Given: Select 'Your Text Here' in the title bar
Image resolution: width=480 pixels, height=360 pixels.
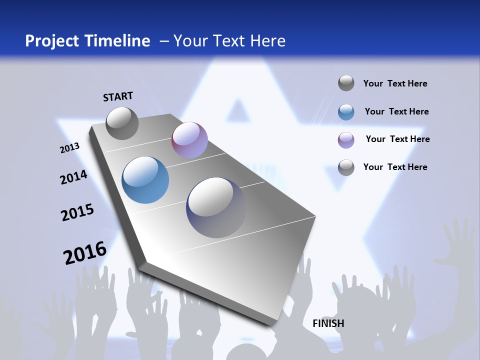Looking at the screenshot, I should (x=229, y=41).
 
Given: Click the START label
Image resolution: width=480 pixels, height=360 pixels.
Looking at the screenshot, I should (x=118, y=96).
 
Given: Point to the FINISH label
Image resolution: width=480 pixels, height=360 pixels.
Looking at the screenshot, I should (x=328, y=323).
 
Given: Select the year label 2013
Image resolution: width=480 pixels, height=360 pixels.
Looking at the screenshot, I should (x=70, y=148).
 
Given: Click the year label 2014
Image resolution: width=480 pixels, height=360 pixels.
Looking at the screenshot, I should (x=73, y=177).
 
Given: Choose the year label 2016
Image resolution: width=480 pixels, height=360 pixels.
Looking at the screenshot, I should (x=85, y=253).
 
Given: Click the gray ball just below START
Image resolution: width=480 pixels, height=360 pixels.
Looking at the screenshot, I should (x=122, y=123).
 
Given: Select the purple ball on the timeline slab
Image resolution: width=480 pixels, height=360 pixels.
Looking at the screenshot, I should (x=189, y=140).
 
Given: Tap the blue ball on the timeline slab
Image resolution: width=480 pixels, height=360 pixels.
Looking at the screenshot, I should (x=145, y=180).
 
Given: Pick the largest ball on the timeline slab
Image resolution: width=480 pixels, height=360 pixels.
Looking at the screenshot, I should (x=216, y=207).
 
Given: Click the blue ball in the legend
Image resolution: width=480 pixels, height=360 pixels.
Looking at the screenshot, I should (x=346, y=112).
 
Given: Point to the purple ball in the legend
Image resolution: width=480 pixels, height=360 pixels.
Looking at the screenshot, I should (x=346, y=140).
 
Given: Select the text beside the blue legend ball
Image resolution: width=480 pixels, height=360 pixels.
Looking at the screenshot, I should (x=396, y=111).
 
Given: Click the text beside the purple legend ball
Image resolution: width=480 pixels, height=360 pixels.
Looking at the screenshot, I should (x=397, y=139).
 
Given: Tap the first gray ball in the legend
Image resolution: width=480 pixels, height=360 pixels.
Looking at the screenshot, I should (x=346, y=83).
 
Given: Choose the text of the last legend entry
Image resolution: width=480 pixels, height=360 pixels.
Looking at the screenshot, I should (x=395, y=167).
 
